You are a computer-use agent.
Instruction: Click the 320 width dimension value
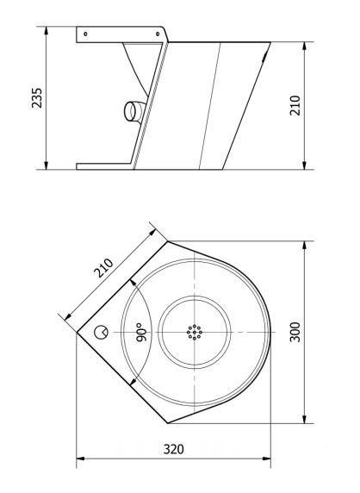(x=175, y=449)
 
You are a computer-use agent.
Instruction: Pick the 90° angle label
(x=138, y=333)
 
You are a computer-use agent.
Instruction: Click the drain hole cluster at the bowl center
(x=195, y=331)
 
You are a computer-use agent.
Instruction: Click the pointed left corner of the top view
(x=79, y=332)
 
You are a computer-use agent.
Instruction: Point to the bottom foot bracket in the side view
(x=103, y=165)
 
